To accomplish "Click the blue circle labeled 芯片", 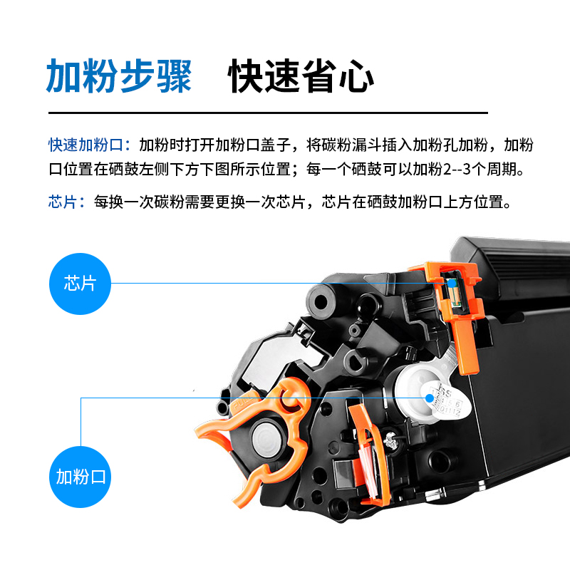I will [x=80, y=283].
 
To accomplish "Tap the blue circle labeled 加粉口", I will [x=80, y=476].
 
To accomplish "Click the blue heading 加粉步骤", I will [x=119, y=76].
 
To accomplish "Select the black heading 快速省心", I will [x=301, y=76].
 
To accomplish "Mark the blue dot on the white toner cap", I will [x=430, y=398].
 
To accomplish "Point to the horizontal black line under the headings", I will [x=267, y=113].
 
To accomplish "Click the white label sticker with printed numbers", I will [x=449, y=400].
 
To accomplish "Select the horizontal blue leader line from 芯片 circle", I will [x=271, y=283].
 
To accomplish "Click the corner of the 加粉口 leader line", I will [x=81, y=398].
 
